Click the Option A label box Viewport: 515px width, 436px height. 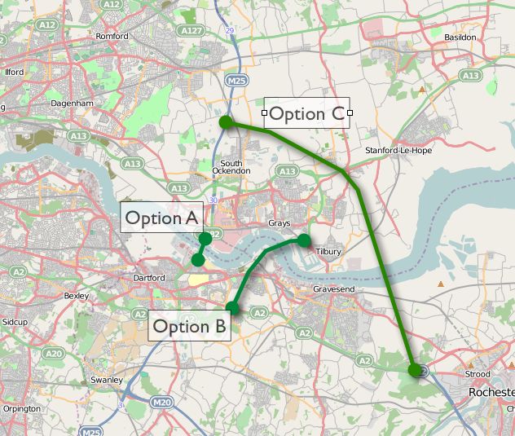pos(162,218)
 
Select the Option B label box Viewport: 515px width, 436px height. pos(189,327)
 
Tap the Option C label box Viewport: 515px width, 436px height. pos(306,113)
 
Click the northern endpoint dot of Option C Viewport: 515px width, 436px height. pos(226,122)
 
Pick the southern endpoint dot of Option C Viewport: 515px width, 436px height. pos(416,370)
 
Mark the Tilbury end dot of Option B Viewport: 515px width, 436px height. pos(304,240)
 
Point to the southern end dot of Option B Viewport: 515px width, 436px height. pos(232,307)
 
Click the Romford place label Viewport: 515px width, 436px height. pos(112,37)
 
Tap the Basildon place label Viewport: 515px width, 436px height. pos(460,37)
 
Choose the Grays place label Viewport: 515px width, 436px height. pos(279,223)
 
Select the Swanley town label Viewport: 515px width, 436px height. pos(107,380)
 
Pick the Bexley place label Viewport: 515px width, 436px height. pos(75,296)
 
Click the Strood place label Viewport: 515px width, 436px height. pos(477,375)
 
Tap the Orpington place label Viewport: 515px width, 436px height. pos(21,408)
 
